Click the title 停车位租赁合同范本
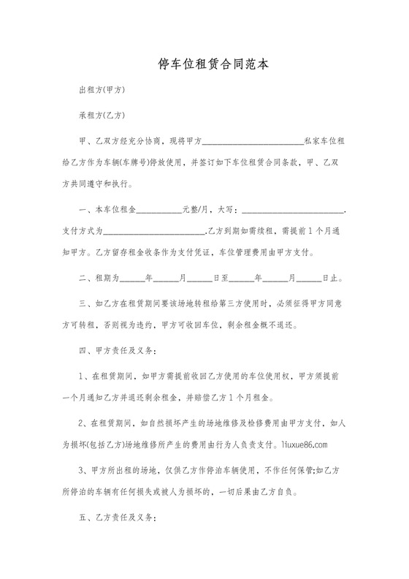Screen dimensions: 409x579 pos(204,64)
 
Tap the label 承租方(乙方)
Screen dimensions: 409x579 pos(102,115)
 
